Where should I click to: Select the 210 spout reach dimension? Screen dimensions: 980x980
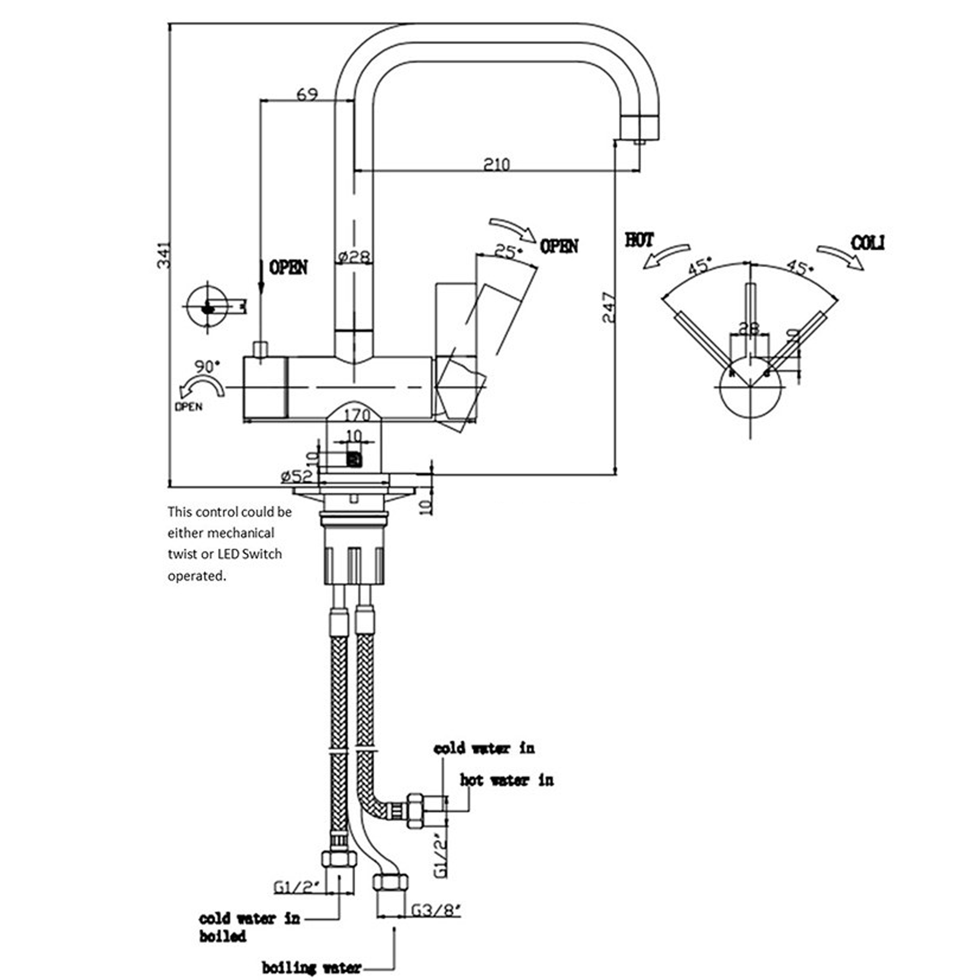coord(496,164)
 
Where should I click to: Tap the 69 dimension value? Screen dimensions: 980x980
coord(307,95)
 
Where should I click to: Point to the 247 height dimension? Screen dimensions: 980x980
coord(609,307)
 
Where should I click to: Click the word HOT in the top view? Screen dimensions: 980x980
coord(639,240)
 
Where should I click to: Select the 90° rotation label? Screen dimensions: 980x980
coord(207,366)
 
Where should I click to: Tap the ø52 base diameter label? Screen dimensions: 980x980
coord(297,476)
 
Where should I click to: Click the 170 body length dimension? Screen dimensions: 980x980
coord(357,416)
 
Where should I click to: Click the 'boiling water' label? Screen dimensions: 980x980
coord(312,967)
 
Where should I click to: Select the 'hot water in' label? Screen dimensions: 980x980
coord(506,780)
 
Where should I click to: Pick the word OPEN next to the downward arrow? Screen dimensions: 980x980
coord(288,268)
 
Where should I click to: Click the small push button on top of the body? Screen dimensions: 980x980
coord(261,350)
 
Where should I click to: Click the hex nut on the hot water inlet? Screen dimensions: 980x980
coord(416,810)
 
